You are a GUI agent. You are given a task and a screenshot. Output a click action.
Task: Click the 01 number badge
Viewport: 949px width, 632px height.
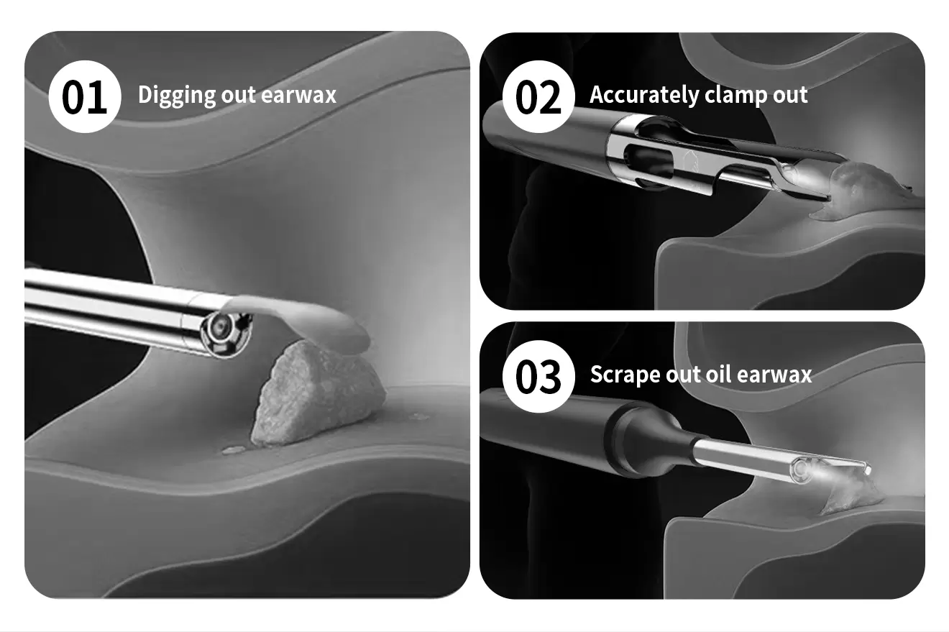85,96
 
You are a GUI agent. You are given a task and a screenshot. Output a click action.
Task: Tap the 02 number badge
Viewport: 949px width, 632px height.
538,96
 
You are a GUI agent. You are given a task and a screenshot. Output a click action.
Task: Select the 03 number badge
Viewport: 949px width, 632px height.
538,377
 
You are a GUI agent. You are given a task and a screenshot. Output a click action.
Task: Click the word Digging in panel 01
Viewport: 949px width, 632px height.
176,96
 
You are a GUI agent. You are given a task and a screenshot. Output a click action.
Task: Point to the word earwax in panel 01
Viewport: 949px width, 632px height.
298,95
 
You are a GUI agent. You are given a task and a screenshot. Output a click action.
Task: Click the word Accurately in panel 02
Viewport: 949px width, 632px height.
644,96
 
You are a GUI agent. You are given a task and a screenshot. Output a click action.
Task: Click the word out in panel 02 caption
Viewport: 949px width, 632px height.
790,96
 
